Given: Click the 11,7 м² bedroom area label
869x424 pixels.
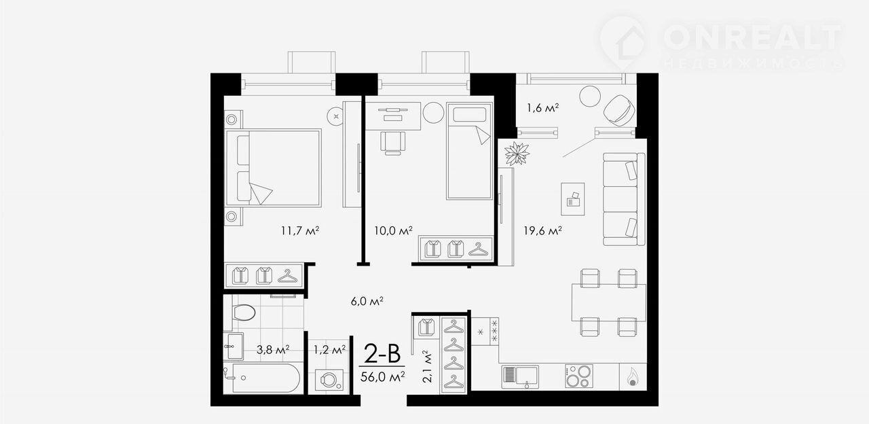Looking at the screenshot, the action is click(300, 231).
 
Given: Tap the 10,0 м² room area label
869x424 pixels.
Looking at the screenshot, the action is click(393, 231).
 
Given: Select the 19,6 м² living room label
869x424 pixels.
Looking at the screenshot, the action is click(542, 231).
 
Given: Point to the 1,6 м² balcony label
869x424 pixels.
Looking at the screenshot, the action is click(542, 107).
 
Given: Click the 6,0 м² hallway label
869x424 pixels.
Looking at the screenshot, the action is click(367, 301).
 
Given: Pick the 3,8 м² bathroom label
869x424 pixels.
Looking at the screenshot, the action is click(273, 350).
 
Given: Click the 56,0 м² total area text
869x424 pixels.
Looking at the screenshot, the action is click(382, 376).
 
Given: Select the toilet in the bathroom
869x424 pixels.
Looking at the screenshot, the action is click(243, 313).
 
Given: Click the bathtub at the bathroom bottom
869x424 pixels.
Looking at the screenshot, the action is click(262, 378).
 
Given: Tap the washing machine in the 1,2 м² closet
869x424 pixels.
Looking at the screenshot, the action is click(329, 380).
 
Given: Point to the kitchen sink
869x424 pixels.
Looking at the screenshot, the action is click(520, 376).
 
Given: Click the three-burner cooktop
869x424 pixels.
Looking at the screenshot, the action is click(579, 376).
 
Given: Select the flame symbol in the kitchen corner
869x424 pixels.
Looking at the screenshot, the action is click(633, 376).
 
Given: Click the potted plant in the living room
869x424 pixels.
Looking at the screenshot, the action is click(517, 154).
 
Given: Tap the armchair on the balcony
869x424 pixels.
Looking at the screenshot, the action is click(619, 110).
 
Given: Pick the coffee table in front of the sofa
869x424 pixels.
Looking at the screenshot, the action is click(572, 199).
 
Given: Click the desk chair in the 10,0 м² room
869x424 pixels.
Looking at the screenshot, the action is click(393, 143).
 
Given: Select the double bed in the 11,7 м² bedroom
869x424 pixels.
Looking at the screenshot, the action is click(273, 168).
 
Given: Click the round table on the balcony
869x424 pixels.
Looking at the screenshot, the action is click(590, 96).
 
